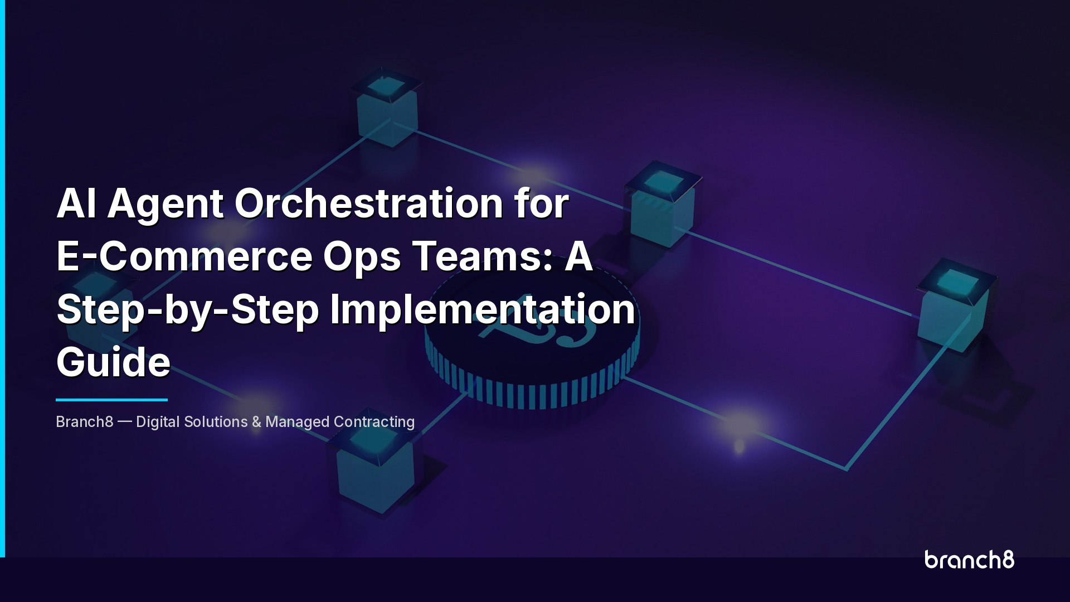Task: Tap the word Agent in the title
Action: tap(166, 204)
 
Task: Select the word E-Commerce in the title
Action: tap(184, 256)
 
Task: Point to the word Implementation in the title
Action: tap(483, 309)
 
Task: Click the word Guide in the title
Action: tap(113, 362)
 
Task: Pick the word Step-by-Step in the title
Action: tap(188, 310)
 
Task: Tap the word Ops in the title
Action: tap(362, 258)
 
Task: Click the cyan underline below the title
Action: tap(111, 400)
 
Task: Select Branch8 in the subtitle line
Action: tap(85, 422)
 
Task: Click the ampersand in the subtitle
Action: tap(256, 422)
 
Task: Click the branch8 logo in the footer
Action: tap(969, 560)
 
